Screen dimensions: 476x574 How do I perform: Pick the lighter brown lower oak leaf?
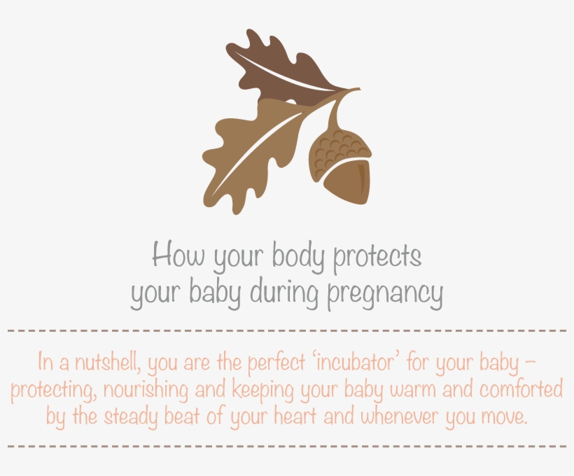pyautogui.click(x=245, y=150)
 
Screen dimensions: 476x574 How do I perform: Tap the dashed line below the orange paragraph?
pyautogui.click(x=287, y=446)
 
